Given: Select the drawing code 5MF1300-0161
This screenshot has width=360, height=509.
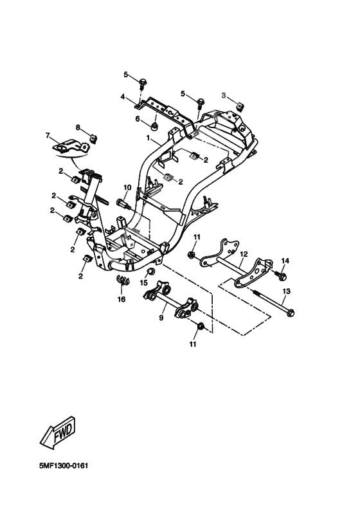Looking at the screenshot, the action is click(64, 466).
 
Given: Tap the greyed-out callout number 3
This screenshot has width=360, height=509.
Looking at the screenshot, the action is click(224, 95).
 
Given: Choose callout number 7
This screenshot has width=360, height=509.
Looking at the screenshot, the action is click(48, 135).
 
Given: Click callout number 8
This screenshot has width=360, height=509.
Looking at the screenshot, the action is click(78, 127).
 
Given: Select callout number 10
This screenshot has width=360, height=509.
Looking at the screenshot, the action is click(127, 188).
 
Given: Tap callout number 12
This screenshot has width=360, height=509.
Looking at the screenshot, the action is click(244, 255).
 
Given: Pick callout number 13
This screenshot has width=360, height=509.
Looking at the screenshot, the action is click(287, 292).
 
